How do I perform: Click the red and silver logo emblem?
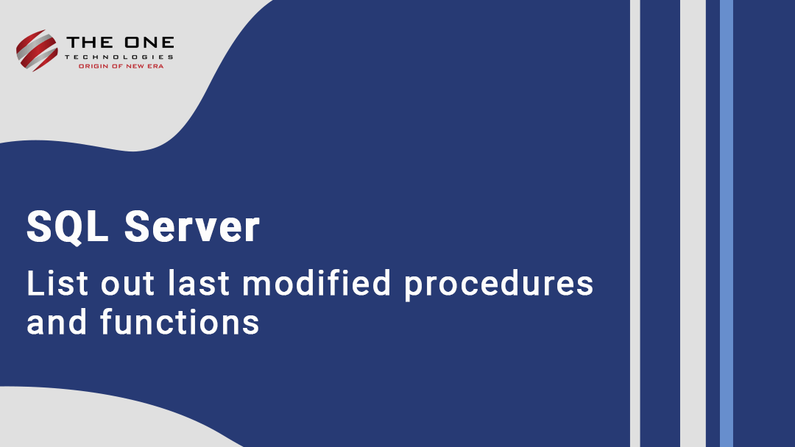point(36,49)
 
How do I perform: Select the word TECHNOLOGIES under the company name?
point(119,57)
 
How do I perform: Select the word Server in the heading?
point(192,227)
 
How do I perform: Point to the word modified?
point(317,284)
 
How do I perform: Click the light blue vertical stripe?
point(727,223)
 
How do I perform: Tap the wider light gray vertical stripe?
point(693,223)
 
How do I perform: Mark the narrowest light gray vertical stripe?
point(635,223)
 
